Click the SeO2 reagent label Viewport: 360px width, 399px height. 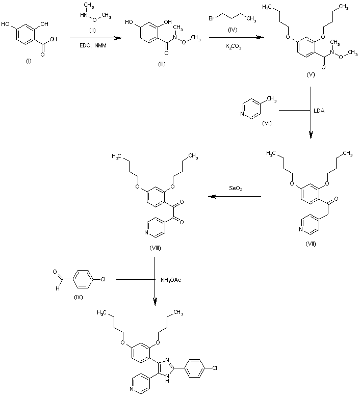235,189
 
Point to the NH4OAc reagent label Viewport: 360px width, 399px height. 171,280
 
